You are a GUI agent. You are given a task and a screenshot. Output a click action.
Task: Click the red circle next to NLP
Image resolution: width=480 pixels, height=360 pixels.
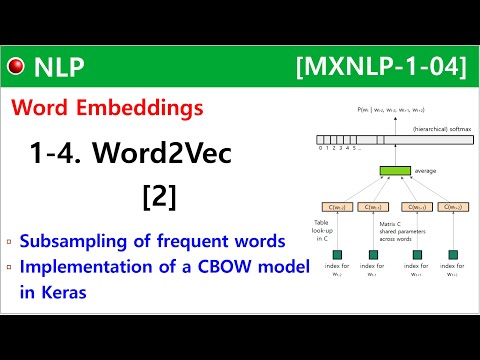(x=16, y=67)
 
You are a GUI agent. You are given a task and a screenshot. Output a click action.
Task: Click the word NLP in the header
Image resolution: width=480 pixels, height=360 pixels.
(x=59, y=67)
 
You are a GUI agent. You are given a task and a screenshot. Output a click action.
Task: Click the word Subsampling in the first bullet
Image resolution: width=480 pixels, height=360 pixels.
(x=76, y=241)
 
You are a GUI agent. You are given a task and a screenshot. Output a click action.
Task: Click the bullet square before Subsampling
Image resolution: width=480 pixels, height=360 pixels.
(x=9, y=241)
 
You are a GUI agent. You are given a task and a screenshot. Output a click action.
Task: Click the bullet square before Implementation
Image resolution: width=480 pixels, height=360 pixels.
(x=9, y=265)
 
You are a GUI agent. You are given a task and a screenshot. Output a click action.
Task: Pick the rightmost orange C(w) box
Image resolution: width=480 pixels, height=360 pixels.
(x=454, y=207)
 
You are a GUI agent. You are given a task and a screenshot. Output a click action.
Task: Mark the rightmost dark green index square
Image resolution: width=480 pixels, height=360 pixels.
(x=454, y=255)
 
